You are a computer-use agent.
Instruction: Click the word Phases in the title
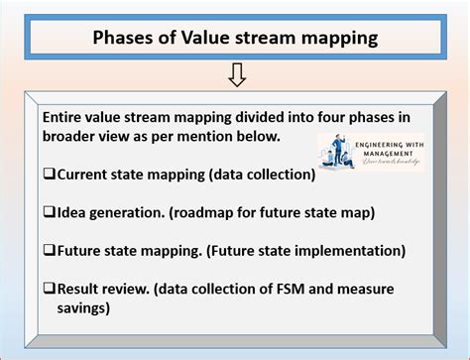coord(125,38)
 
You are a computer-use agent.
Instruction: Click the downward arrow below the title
coord(236,74)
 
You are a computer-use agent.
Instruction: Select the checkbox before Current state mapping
coord(48,175)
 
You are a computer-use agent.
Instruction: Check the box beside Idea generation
coord(48,211)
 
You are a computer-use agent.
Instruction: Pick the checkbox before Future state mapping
coord(48,249)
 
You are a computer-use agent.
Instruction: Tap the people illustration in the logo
coord(339,151)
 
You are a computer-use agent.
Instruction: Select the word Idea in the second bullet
coord(73,211)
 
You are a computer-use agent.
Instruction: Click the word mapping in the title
coord(335,38)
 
